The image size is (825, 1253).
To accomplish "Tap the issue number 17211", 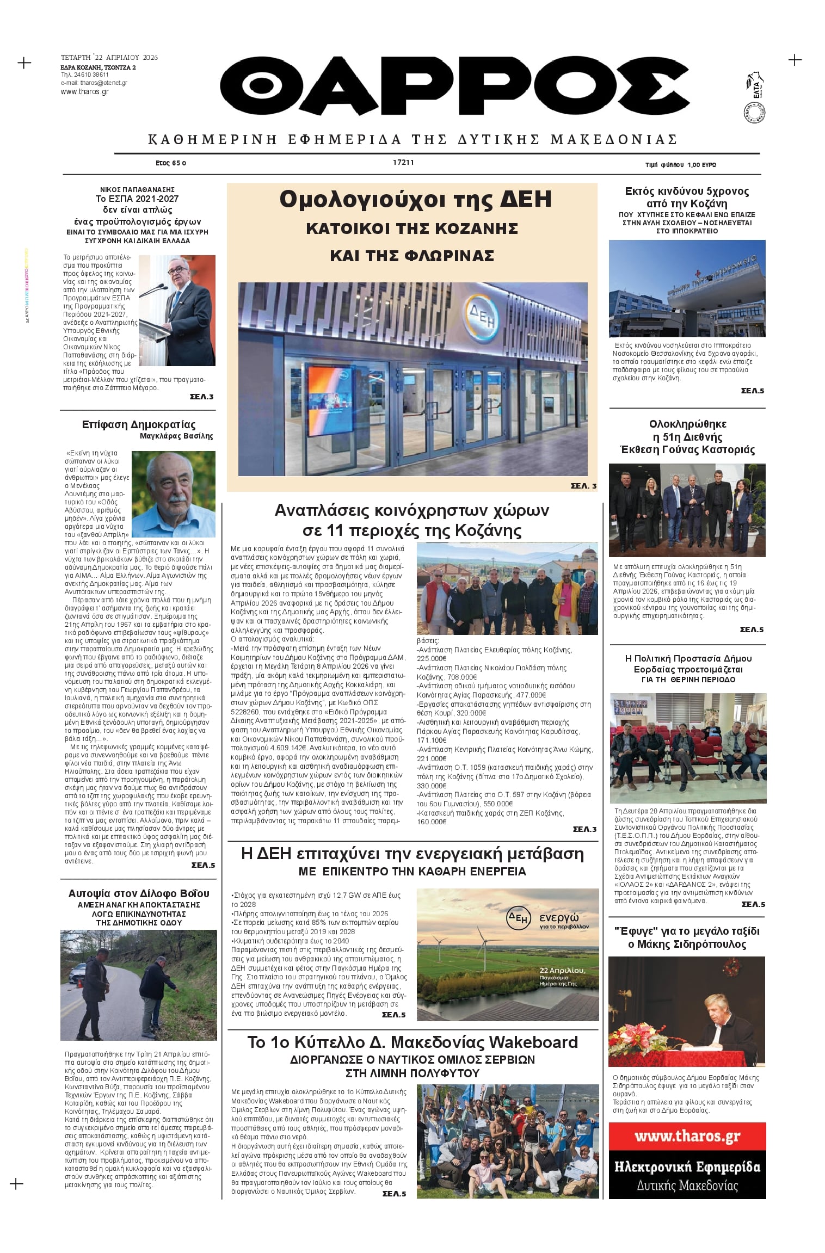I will (403, 163).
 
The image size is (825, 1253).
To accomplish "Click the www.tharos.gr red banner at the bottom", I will (687, 1136).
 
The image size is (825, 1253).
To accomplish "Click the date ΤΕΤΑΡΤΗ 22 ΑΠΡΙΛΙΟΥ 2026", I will (109, 58).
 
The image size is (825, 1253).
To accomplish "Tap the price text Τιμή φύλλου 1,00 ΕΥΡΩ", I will (680, 165).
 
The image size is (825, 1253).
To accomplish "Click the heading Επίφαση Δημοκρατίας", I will (138, 425).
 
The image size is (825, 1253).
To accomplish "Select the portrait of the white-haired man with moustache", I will (173, 493).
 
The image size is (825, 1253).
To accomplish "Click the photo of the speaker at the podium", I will (177, 310).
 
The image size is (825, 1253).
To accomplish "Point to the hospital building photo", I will (687, 288).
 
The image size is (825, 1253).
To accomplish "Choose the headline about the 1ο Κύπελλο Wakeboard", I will (412, 1042).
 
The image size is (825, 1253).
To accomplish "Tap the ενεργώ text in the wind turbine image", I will (559, 918).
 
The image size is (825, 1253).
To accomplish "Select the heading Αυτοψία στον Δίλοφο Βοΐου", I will (138, 894).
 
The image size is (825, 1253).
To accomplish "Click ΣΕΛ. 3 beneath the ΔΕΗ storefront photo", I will (583, 486).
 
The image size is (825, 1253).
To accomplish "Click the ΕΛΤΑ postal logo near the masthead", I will (756, 87).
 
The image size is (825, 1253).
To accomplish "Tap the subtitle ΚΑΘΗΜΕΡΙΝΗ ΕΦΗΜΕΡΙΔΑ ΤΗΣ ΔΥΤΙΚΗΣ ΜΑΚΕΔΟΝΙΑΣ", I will (412, 140).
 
